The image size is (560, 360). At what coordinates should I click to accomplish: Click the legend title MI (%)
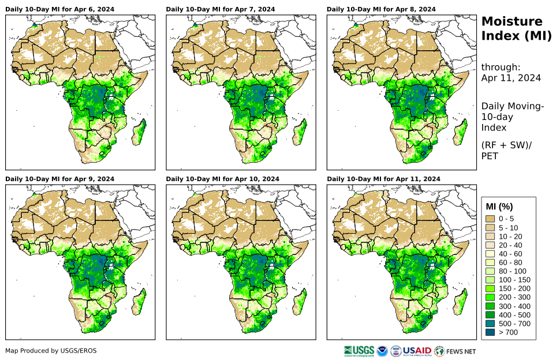pos(499,207)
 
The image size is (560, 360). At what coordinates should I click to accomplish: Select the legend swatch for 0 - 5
pos(491,219)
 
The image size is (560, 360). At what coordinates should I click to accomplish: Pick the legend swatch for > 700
pos(491,332)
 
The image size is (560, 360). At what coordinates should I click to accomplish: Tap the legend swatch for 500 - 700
pos(491,324)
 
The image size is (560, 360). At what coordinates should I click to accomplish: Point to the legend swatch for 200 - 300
pos(491,297)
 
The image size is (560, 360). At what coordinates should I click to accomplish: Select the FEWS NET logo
pos(456,351)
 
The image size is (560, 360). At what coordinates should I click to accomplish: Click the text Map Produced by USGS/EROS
pos(51,351)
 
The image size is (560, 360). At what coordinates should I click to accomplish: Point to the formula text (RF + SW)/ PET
pos(506,150)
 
